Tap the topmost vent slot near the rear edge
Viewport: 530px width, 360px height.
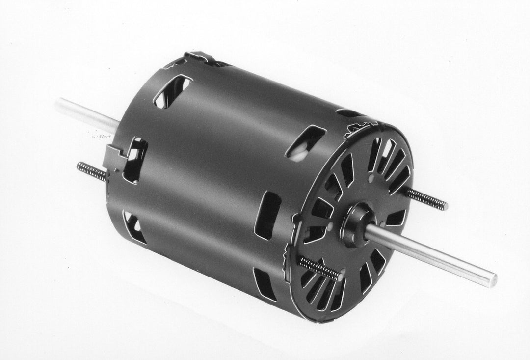click(x=172, y=90)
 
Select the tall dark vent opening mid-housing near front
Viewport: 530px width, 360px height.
click(x=267, y=215)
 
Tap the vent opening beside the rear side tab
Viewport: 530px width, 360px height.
click(x=135, y=160)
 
